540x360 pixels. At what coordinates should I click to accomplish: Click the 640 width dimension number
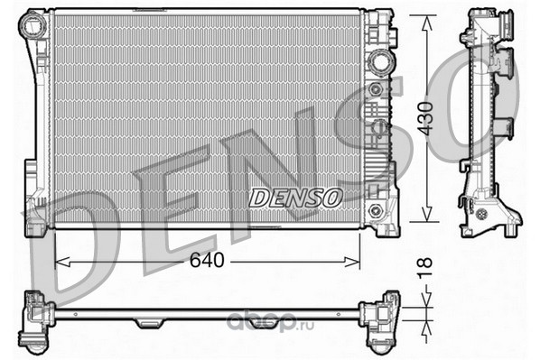(x=207, y=260)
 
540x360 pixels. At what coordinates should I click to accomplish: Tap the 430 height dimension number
(x=425, y=118)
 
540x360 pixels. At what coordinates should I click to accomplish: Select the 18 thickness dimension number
(x=425, y=267)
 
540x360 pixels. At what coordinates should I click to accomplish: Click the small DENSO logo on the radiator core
(x=296, y=198)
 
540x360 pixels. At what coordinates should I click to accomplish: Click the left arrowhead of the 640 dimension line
(x=62, y=263)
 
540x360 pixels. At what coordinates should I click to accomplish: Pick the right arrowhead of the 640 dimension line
(x=352, y=263)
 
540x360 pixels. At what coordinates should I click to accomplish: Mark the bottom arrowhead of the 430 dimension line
(x=427, y=214)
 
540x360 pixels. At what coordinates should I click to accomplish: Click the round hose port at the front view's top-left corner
(x=33, y=23)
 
